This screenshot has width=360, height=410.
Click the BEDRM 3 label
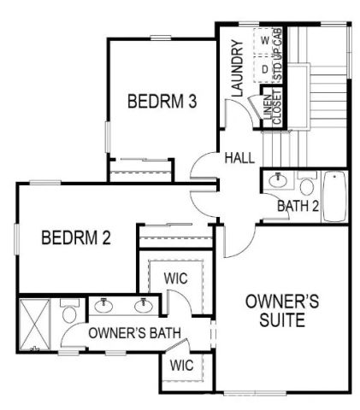(162, 102)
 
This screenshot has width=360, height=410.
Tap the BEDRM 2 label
(76, 237)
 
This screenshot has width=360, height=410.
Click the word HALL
(240, 159)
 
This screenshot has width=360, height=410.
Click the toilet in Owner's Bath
(71, 310)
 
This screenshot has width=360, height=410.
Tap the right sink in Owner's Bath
(144, 304)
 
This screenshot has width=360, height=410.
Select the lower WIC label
(180, 366)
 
